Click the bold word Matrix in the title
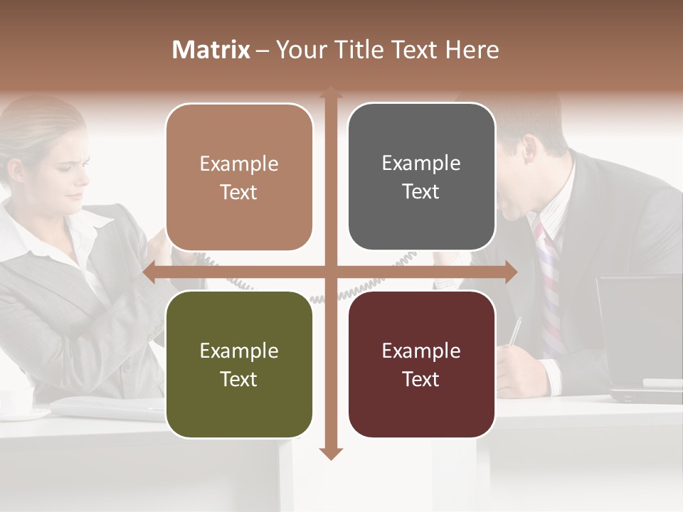(x=211, y=50)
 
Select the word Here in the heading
(x=472, y=50)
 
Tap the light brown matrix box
(x=239, y=178)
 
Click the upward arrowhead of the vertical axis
(x=330, y=92)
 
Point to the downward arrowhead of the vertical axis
(x=330, y=453)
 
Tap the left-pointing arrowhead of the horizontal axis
(x=149, y=272)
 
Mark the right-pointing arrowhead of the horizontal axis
(x=510, y=272)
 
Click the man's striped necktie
(x=549, y=292)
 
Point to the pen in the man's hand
(x=514, y=331)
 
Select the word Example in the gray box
(x=421, y=164)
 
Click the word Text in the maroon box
(x=421, y=379)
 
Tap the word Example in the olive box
(x=239, y=351)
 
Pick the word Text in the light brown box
(x=239, y=193)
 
